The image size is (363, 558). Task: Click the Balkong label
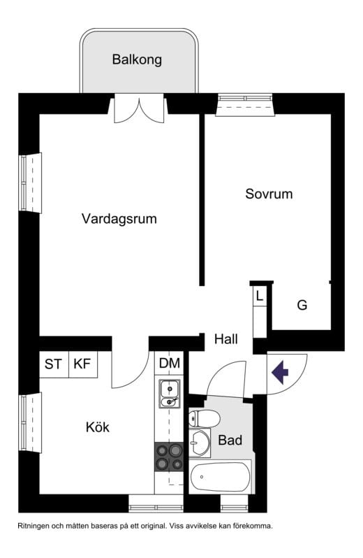[137, 59]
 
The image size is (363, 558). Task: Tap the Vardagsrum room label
[119, 219]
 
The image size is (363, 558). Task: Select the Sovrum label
[269, 194]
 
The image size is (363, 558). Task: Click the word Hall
[226, 339]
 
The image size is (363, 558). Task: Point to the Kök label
[98, 427]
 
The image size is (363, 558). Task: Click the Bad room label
[230, 441]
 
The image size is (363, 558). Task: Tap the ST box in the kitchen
[53, 364]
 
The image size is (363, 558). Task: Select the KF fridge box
[82, 364]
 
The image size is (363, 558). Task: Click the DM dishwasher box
[169, 364]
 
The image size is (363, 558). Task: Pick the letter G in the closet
[302, 306]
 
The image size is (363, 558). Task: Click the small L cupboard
[260, 296]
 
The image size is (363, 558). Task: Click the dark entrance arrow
[281, 372]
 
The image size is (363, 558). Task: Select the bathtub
[220, 478]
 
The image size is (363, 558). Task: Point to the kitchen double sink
[168, 393]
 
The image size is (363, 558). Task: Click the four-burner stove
[168, 457]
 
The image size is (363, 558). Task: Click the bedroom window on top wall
[244, 105]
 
